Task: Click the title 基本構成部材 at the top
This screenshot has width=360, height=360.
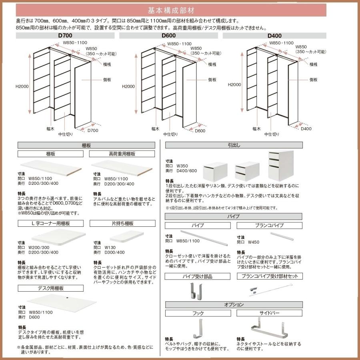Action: pyautogui.click(x=180, y=10)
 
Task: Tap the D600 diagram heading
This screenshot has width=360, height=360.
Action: pyautogui.click(x=168, y=36)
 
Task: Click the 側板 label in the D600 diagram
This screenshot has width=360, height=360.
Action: pyautogui.click(x=212, y=80)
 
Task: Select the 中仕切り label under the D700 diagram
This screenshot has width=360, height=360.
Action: pyautogui.click(x=66, y=134)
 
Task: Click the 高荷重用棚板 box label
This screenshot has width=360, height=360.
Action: pyautogui.click(x=122, y=154)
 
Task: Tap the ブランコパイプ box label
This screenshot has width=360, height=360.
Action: pyautogui.click(x=269, y=226)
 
